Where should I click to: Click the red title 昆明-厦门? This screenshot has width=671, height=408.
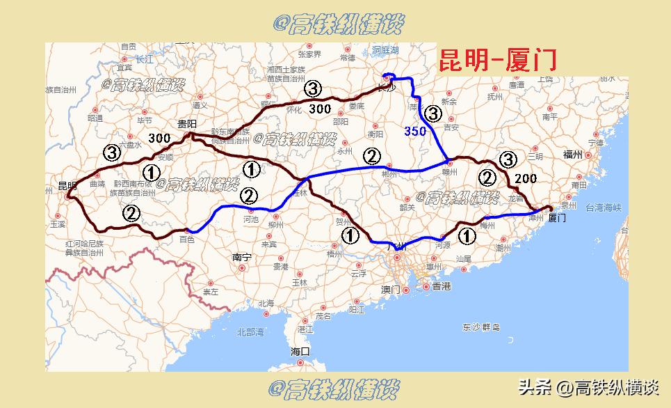click(497, 60)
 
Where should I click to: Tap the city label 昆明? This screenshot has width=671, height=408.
click(67, 186)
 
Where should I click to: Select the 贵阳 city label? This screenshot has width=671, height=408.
click(187, 124)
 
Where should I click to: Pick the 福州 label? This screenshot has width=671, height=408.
click(572, 155)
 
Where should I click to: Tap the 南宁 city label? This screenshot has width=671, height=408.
click(241, 257)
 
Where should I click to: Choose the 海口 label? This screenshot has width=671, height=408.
click(300, 352)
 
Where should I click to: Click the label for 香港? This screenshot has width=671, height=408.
click(441, 286)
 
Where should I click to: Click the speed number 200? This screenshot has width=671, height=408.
click(526, 178)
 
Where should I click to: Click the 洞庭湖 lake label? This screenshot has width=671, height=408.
click(385, 51)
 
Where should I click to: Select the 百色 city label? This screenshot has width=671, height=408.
click(187, 239)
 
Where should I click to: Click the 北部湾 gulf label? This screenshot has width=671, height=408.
click(250, 332)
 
